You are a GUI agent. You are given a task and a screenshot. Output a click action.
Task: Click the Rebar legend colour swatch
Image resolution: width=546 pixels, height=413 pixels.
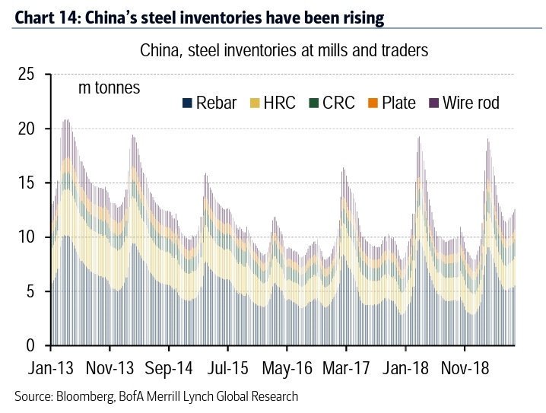pos(186,103)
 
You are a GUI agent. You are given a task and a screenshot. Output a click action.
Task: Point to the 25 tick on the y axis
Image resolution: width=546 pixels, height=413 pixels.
pos(27,75)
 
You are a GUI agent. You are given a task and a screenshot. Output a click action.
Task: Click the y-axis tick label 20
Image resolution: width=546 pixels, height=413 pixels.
pos(27,129)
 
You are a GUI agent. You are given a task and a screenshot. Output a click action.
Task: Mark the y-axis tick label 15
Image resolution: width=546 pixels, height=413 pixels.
pos(27,183)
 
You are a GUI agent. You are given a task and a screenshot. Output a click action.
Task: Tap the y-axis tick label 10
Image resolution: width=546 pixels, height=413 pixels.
pos(27,237)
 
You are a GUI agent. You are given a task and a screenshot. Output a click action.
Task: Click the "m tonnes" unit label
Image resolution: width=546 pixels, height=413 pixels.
pos(110,88)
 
